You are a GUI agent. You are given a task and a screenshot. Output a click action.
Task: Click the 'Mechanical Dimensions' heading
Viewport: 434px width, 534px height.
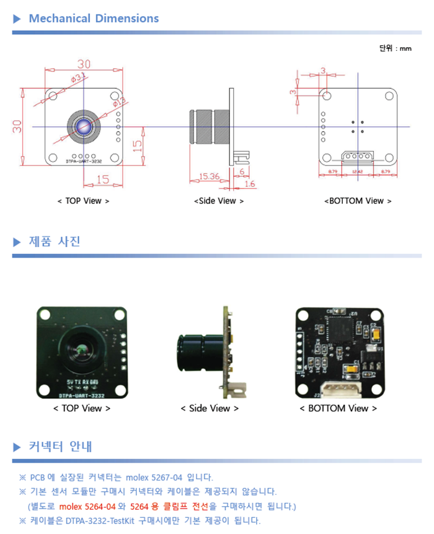pyautogui.click(x=94, y=19)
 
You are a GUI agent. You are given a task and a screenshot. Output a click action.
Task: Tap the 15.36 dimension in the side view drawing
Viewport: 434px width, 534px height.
pyautogui.click(x=209, y=176)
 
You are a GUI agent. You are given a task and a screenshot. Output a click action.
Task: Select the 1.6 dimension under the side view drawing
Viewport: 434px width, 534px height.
pyautogui.click(x=250, y=184)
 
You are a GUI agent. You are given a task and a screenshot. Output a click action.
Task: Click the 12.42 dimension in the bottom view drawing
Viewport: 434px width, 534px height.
pyautogui.click(x=357, y=171)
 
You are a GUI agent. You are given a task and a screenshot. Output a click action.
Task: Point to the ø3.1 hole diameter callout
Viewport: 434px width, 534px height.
pyautogui.click(x=79, y=78)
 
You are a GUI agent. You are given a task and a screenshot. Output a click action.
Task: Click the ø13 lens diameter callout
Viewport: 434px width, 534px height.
pyautogui.click(x=119, y=101)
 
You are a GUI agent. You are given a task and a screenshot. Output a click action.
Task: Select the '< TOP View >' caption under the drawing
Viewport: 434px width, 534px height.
pyautogui.click(x=83, y=201)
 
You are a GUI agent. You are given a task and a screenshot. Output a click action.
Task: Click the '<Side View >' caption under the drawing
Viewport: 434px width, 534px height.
pyautogui.click(x=219, y=201)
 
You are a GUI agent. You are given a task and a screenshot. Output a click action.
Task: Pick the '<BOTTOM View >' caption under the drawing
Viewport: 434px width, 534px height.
pyautogui.click(x=358, y=201)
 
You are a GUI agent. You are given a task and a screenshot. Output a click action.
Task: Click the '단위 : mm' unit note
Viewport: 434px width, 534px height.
pyautogui.click(x=395, y=48)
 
